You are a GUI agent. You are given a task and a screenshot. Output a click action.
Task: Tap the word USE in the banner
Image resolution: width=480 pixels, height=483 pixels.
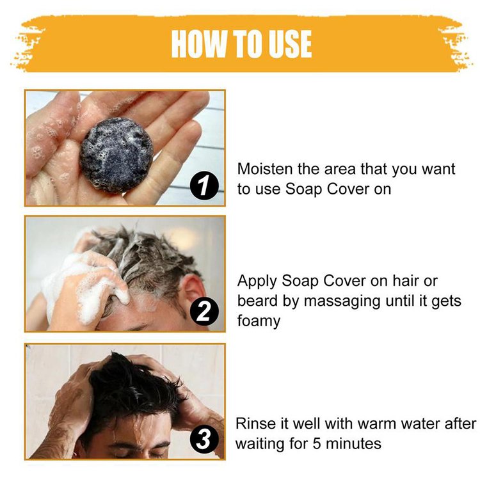(290, 44)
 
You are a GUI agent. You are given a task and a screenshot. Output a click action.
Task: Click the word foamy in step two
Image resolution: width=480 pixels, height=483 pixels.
(259, 321)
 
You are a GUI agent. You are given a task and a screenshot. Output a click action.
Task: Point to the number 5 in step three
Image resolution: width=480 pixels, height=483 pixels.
(317, 443)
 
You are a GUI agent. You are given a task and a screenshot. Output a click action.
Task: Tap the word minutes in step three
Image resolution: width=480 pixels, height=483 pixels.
(354, 443)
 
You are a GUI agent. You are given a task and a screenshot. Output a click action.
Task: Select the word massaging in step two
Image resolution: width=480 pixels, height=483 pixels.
(342, 301)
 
